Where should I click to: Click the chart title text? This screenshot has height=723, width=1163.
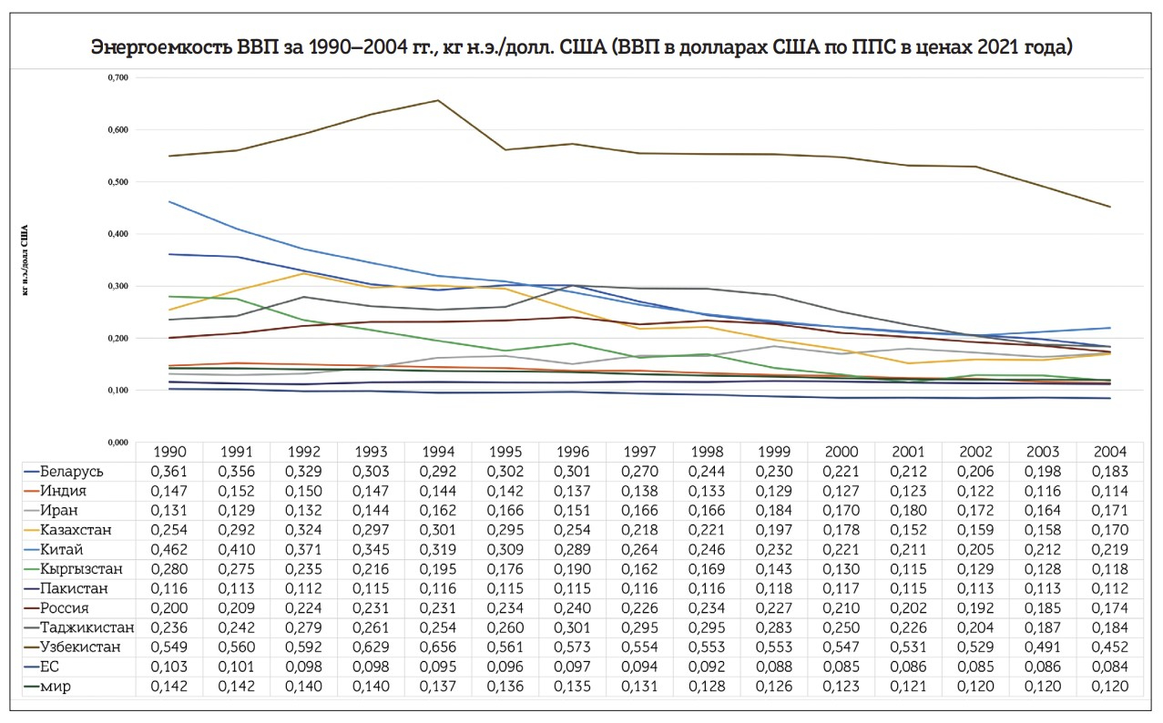(581, 47)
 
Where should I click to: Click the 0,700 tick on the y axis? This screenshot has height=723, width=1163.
(117, 77)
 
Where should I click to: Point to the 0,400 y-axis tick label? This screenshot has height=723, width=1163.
(117, 234)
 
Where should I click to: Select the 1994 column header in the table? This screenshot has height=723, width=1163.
(437, 452)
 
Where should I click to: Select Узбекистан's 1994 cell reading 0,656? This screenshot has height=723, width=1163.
(437, 647)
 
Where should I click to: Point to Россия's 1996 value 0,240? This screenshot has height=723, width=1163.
(572, 608)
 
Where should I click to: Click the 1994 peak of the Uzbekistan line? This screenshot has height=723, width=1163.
(437, 100)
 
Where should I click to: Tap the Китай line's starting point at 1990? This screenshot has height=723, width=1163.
(168, 201)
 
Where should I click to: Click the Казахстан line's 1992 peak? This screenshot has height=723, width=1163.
(303, 273)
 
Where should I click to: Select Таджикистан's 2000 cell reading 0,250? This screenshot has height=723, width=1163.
(842, 628)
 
